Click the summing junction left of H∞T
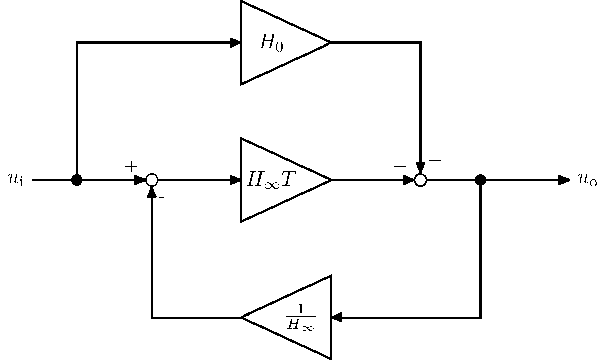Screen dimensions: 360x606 [x=152, y=179]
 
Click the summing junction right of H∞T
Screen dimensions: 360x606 [x=420, y=179]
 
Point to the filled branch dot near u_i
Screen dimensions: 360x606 [x=77, y=179]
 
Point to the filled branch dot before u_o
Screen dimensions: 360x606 [x=480, y=179]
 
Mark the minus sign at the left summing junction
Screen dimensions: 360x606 [x=162, y=197]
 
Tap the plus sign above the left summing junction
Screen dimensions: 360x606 [x=131, y=166]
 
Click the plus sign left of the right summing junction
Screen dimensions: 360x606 [x=400, y=166]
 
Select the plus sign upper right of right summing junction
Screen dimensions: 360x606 [x=435, y=161]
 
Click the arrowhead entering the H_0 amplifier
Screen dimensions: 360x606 [x=235, y=42]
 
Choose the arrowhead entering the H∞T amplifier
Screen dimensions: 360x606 [x=235, y=179]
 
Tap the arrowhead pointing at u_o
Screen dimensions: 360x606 [x=564, y=179]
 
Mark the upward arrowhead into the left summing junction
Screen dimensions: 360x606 [x=152, y=192]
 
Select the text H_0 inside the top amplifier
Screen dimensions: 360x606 [x=271, y=43]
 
